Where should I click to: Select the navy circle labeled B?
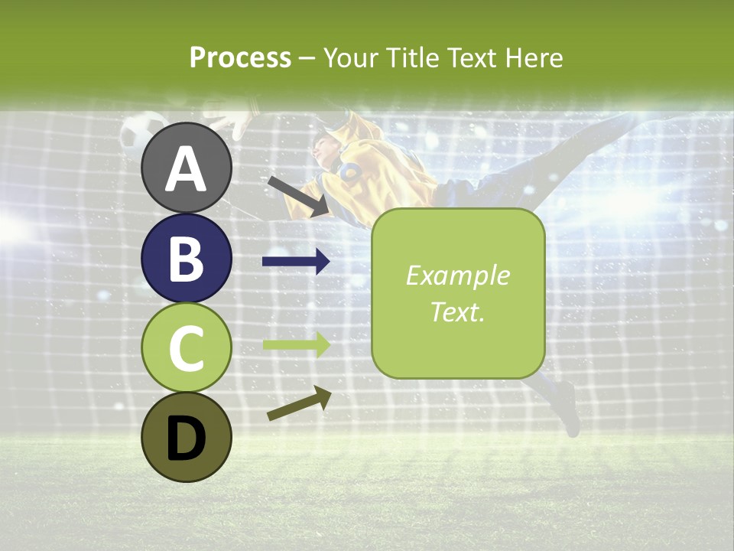pos(187,258)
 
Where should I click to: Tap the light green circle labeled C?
pos(187,348)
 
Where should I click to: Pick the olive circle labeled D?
pos(187,437)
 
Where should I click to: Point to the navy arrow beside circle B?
pos(296,262)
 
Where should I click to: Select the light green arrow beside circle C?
pos(296,344)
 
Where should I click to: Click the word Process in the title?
pos(240,57)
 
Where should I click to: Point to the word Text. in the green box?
pos(457,311)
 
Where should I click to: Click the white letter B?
pos(187,259)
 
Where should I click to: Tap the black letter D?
pos(187,439)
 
